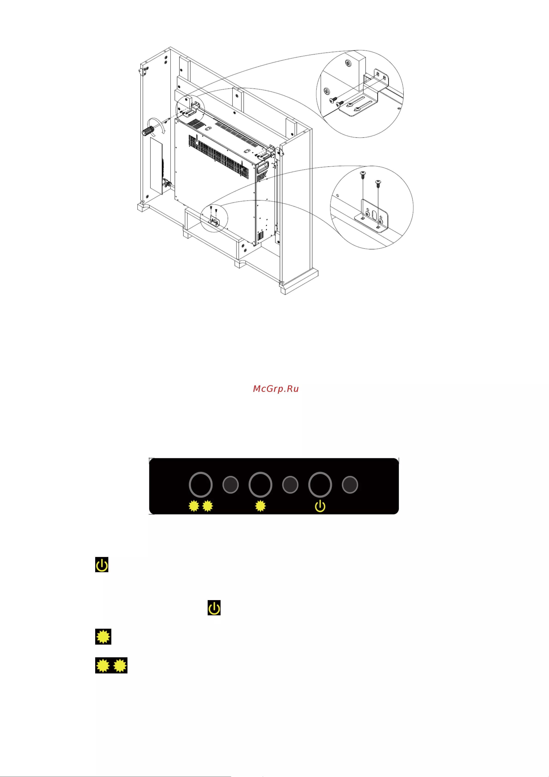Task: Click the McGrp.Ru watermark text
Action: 276,389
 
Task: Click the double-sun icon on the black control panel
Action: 201,506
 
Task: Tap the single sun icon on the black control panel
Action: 260,506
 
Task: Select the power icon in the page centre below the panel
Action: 214,608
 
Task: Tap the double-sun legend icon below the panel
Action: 111,666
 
